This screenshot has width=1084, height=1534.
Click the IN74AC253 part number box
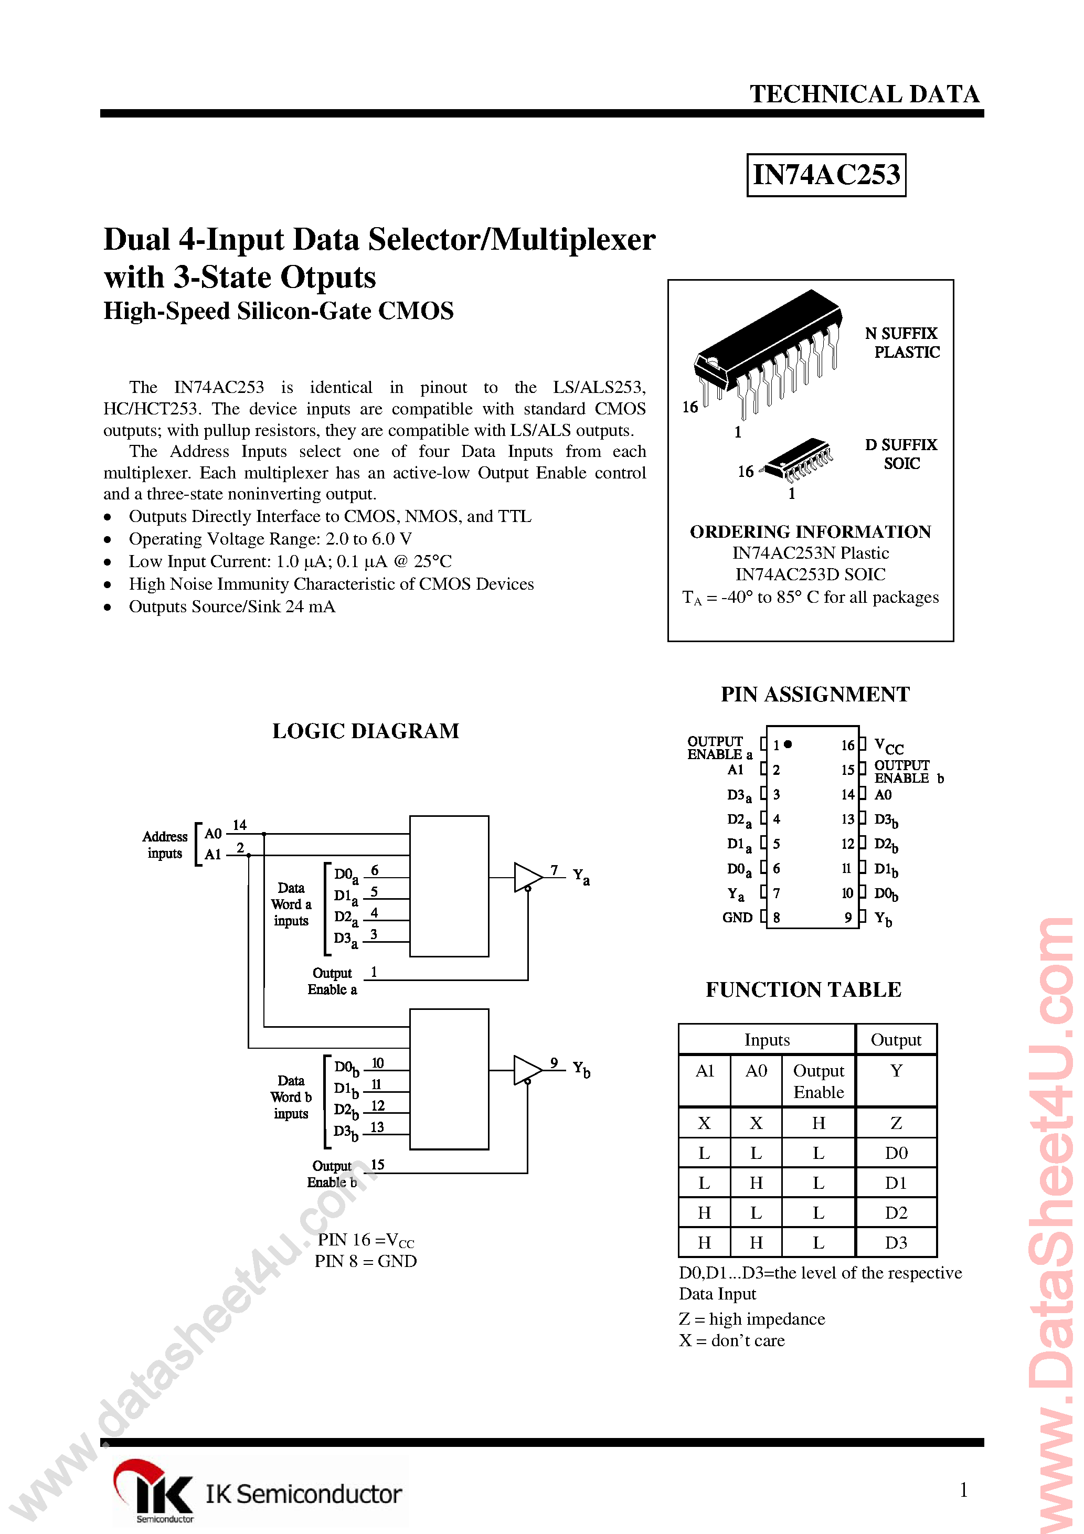tap(825, 175)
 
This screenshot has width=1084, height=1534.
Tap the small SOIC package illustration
tap(799, 460)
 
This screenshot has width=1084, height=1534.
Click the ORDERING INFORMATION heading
tap(810, 532)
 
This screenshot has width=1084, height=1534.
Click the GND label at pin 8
tap(737, 918)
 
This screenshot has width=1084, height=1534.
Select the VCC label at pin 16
tap(888, 747)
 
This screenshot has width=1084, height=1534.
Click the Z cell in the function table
tap(896, 1123)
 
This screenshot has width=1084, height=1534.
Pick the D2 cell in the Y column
tap(896, 1212)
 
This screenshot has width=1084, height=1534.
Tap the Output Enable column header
tap(818, 1081)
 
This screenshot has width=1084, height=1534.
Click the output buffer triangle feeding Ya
tap(526, 877)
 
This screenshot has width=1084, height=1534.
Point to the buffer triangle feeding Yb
tap(526, 1070)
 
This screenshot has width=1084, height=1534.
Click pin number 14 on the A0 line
tap(239, 825)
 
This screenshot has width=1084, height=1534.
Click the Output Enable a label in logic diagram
tap(332, 982)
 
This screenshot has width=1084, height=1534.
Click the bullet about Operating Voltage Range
tap(270, 539)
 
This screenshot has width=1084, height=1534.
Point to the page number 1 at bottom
tap(963, 1489)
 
